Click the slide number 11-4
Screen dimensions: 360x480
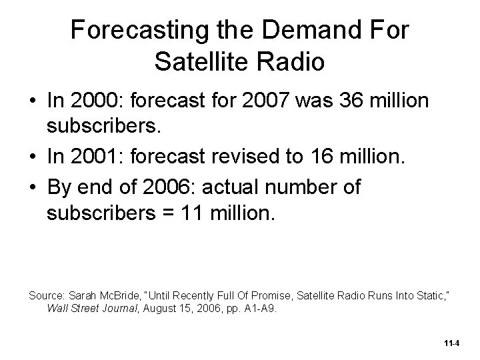pyautogui.click(x=451, y=343)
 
